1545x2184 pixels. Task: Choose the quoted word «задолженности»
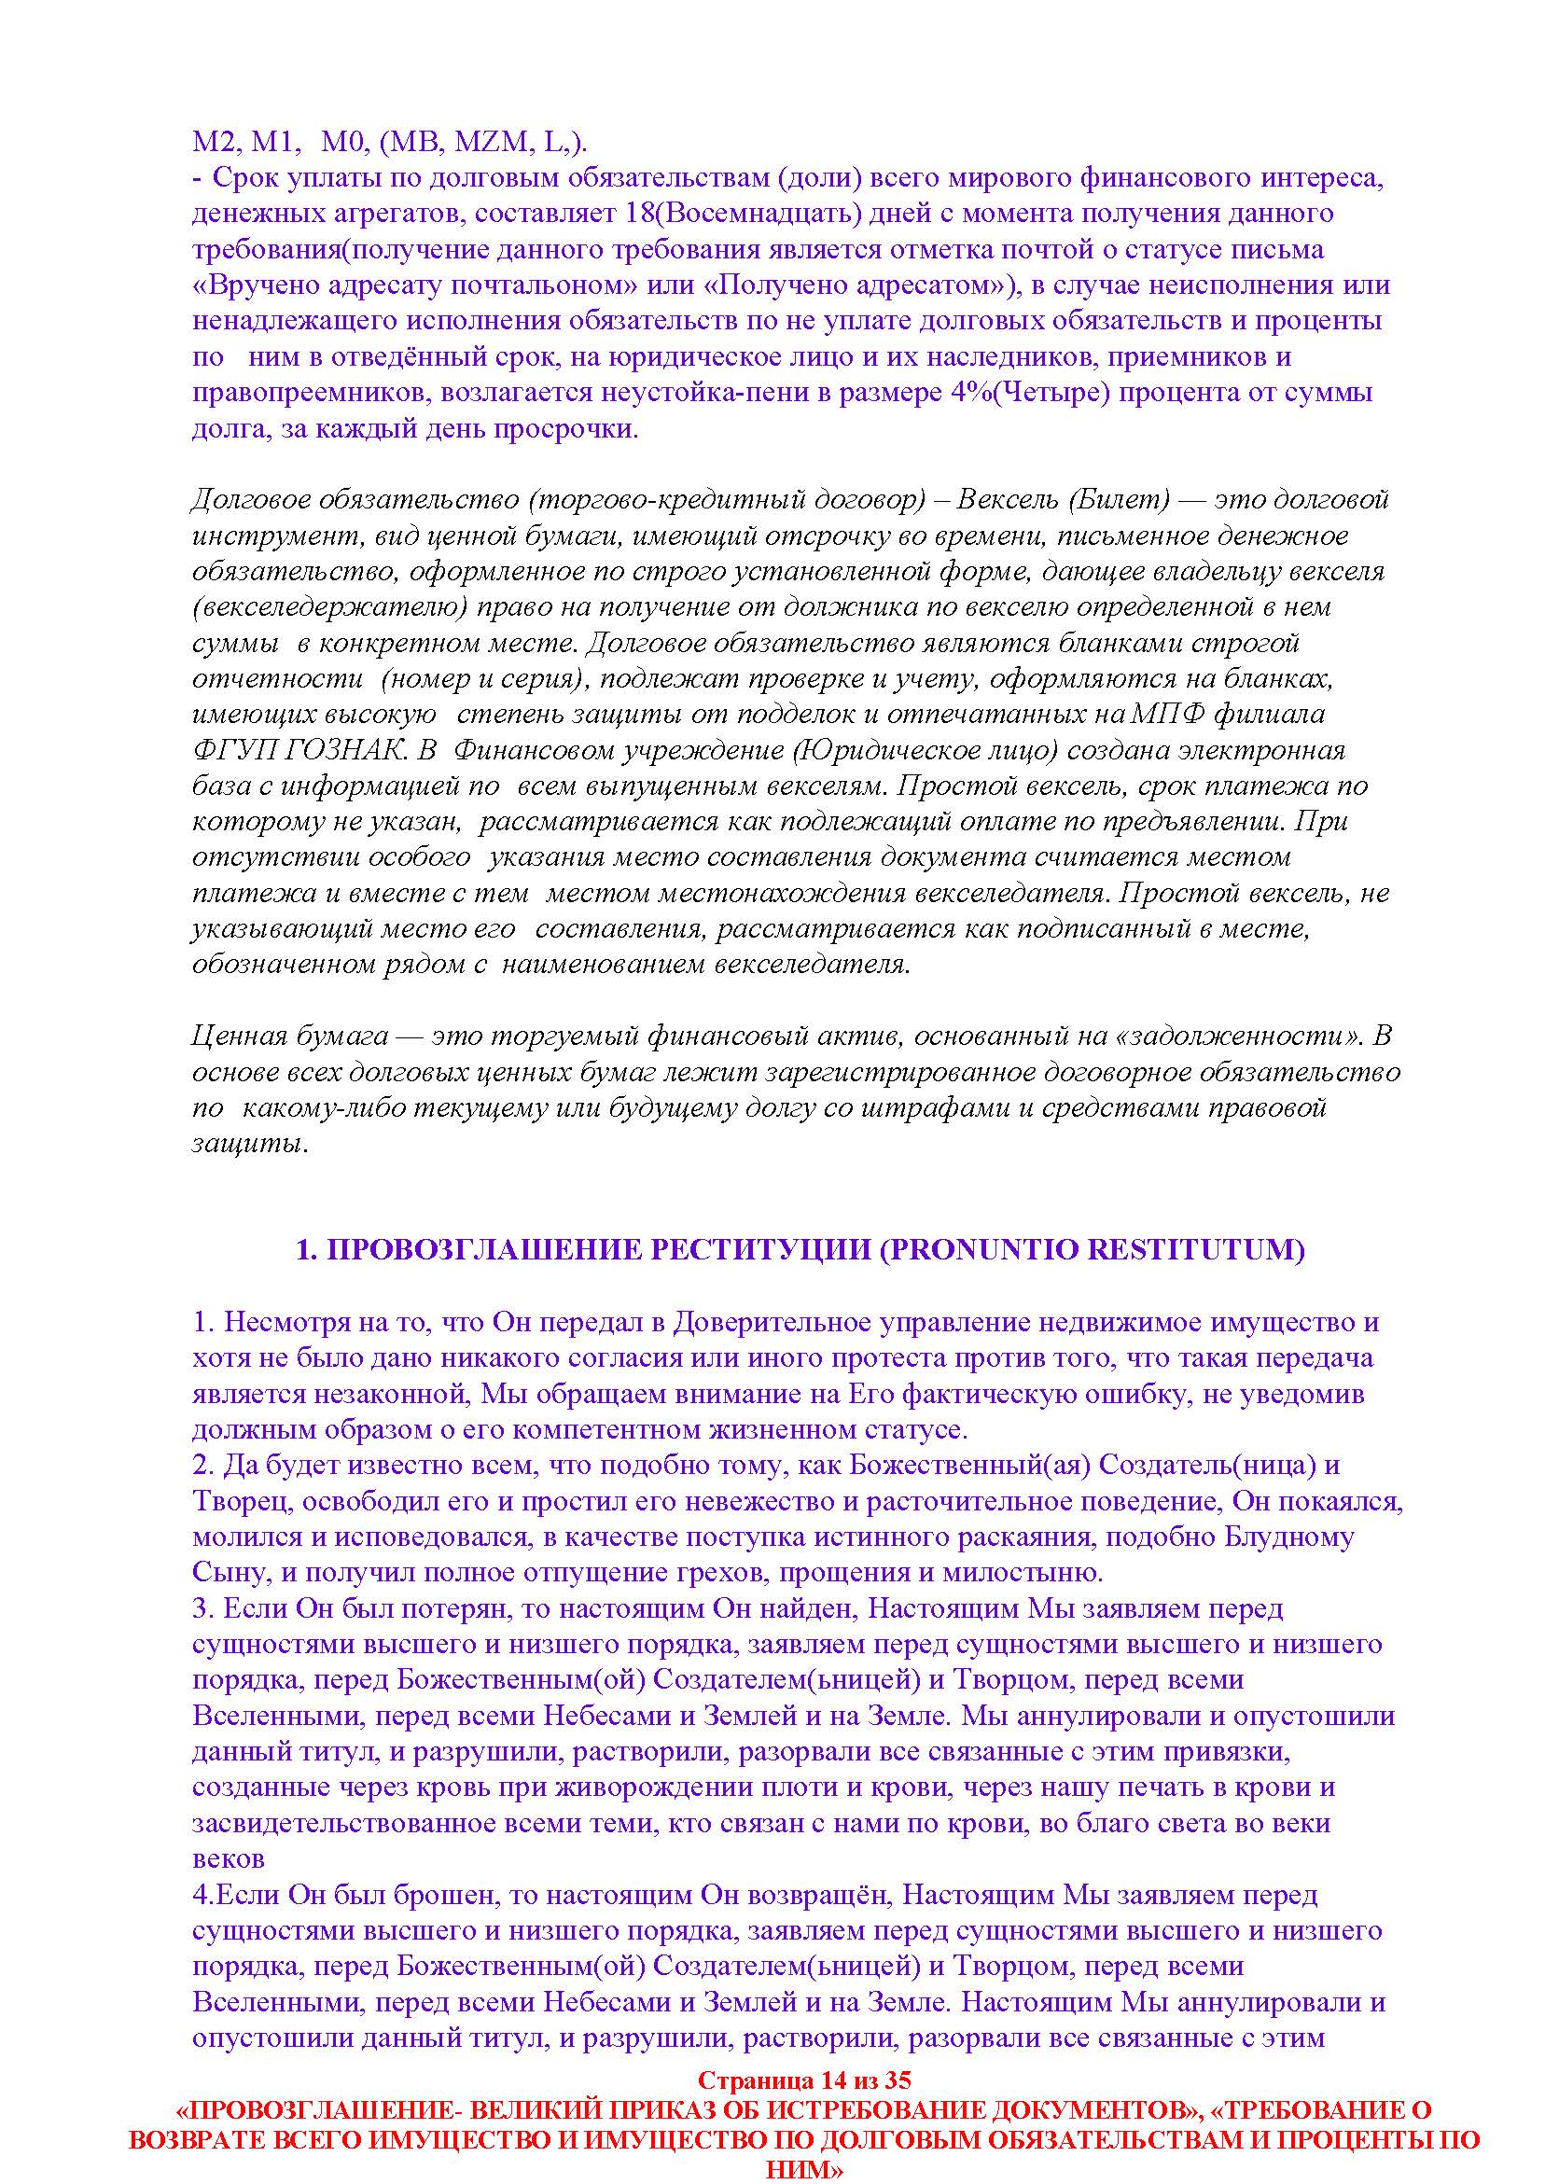[1253, 1036]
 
